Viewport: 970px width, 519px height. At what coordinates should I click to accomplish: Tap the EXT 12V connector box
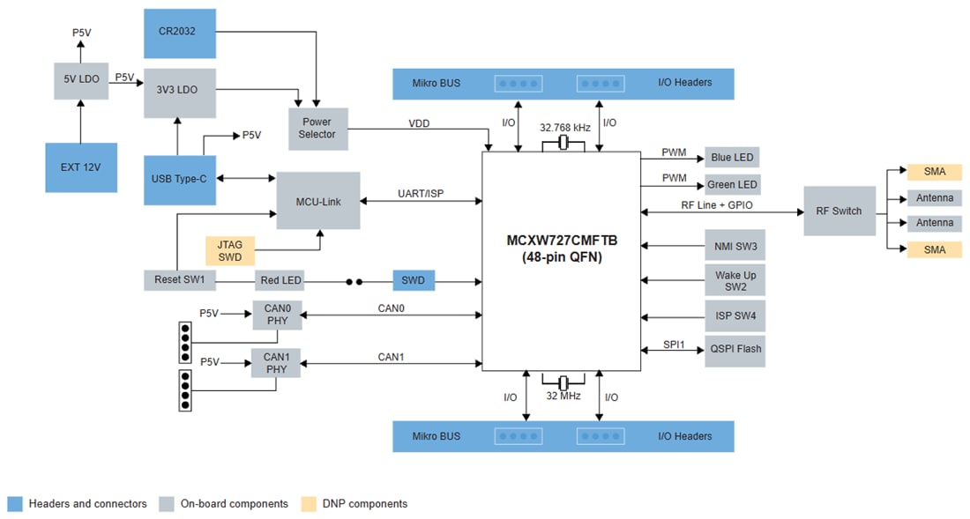pos(81,167)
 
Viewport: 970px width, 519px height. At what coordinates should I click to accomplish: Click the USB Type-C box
pos(179,179)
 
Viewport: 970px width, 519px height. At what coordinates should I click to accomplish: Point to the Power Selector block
pos(317,129)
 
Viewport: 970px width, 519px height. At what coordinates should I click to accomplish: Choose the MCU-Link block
pos(318,201)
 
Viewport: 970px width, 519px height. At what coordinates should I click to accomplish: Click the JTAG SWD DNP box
pos(230,251)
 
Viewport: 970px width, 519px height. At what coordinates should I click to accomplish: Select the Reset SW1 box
pos(180,280)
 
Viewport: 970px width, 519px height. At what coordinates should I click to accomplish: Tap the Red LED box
pos(280,280)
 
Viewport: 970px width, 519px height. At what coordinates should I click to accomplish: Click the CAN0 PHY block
pos(276,315)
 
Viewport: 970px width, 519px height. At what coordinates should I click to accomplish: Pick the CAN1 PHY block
pos(276,362)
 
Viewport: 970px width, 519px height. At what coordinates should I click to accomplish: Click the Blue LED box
pos(732,158)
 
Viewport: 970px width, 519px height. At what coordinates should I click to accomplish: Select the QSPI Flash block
pos(735,350)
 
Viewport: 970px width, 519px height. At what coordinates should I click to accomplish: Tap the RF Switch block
pos(839,211)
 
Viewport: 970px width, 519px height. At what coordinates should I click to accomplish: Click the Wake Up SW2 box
pos(735,281)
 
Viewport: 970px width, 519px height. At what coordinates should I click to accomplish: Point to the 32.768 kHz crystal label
pos(564,128)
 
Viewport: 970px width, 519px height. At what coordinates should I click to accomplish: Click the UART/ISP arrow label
pos(420,194)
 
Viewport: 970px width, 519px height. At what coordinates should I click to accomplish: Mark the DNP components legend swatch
pos(309,504)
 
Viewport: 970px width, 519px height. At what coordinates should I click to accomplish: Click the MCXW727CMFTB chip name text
pos(562,241)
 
